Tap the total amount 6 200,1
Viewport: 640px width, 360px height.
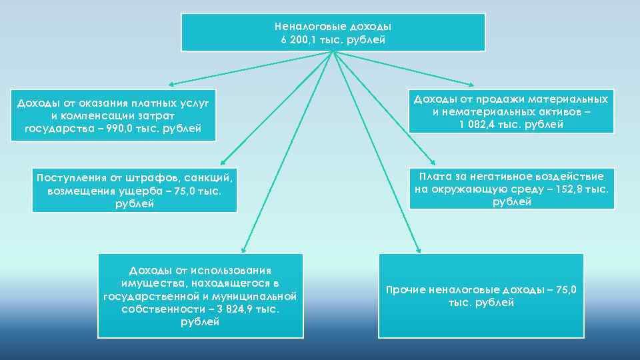click(299, 40)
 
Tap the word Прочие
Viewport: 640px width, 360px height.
click(406, 290)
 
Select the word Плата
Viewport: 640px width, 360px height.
click(434, 177)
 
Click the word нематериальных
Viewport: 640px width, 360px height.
click(491, 111)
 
